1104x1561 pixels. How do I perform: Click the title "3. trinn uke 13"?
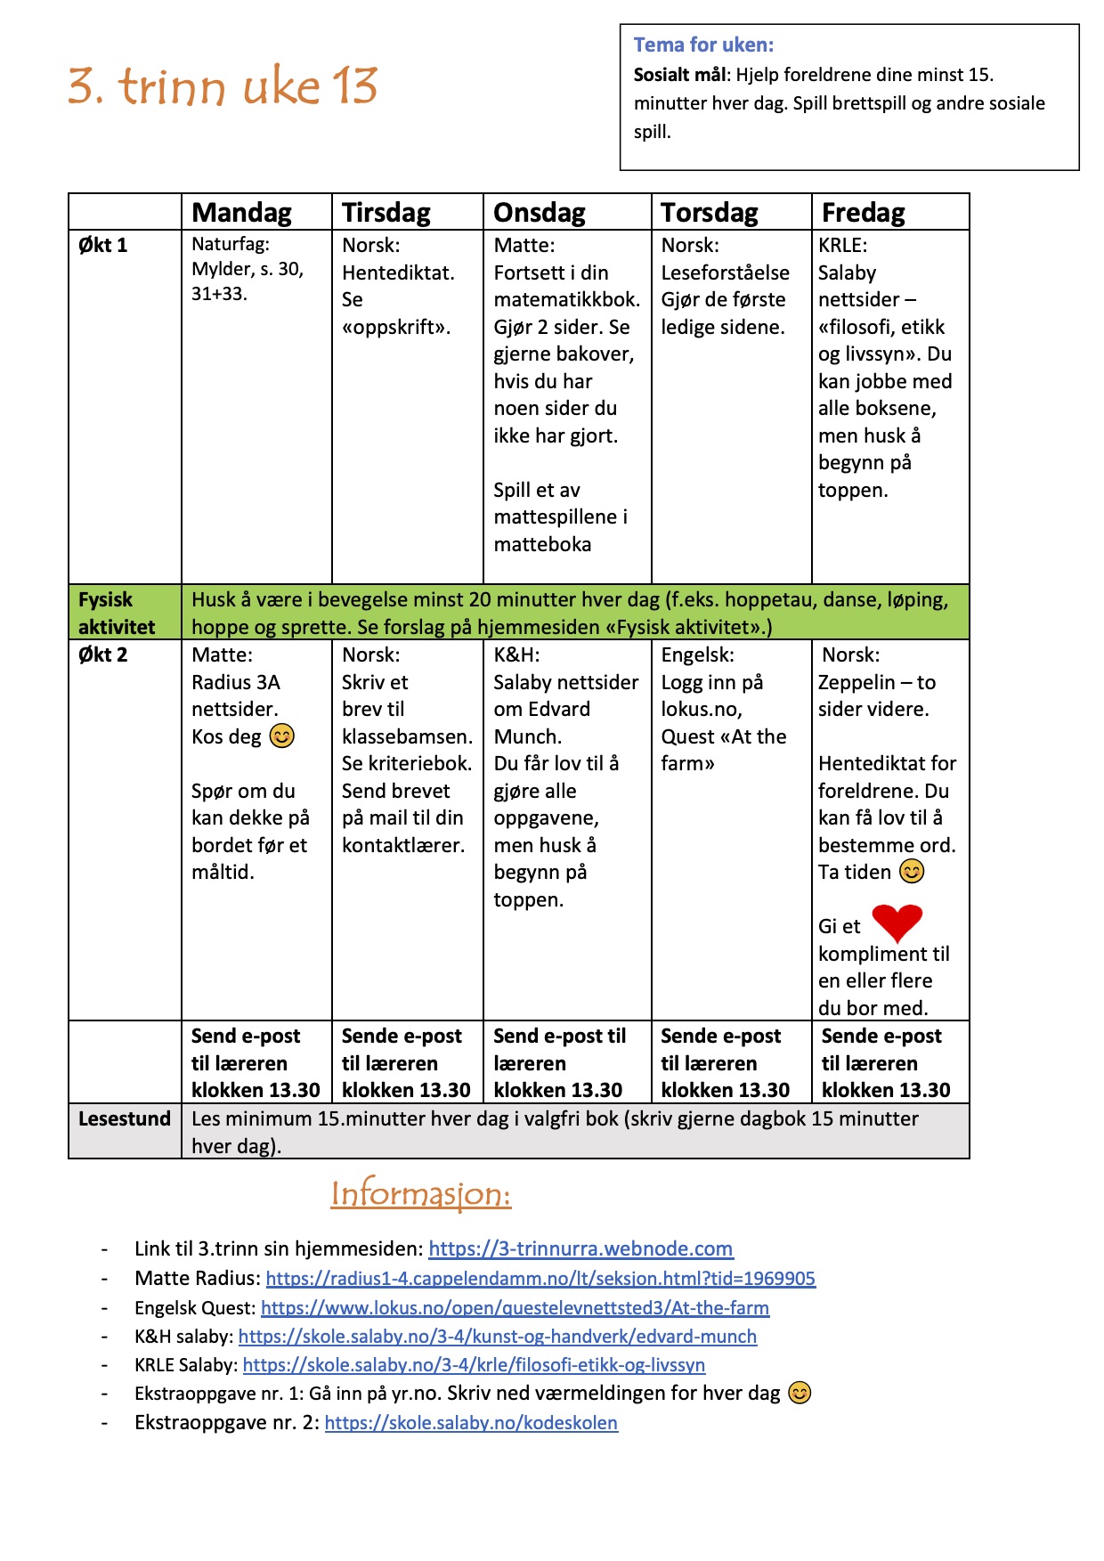[x=223, y=86]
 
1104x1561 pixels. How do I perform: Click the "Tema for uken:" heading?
[x=703, y=45]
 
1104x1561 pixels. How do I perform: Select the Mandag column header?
[x=241, y=213]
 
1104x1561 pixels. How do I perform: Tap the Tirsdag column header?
[x=386, y=213]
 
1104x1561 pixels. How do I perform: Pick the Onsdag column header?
[x=539, y=213]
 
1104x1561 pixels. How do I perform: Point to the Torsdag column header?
[x=709, y=213]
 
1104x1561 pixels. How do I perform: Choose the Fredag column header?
[x=863, y=213]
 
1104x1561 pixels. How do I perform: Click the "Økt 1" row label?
[x=102, y=245]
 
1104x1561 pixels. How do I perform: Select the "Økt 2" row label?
[x=102, y=654]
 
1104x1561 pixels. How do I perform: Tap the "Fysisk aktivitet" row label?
[x=116, y=613]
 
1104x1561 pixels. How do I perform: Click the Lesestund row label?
[x=124, y=1118]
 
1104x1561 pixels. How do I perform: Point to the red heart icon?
[x=897, y=923]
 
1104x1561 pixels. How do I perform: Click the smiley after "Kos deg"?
[x=281, y=736]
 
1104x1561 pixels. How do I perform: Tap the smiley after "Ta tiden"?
[x=912, y=872]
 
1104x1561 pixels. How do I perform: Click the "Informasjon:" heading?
[x=420, y=1193]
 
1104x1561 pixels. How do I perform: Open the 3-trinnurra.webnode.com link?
[x=580, y=1248]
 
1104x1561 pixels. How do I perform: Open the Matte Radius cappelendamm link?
[x=540, y=1279]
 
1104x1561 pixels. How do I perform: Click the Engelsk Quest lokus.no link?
[x=515, y=1308]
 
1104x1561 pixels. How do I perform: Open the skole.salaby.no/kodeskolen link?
[x=471, y=1423]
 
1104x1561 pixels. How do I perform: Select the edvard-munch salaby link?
[x=497, y=1337]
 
